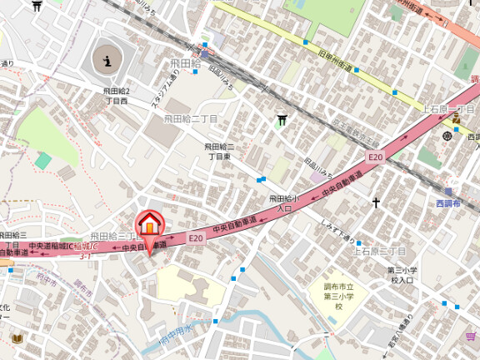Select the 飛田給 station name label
pyautogui.click(x=186, y=63)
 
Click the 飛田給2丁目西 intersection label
pyautogui.click(x=116, y=96)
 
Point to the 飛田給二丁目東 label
pyautogui.click(x=220, y=151)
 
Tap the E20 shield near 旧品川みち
pyautogui.click(x=376, y=157)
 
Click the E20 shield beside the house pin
pyautogui.click(x=195, y=238)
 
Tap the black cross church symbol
pyautogui.click(x=376, y=202)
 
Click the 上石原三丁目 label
pyautogui.click(x=379, y=250)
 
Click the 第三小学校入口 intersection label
pyautogui.click(x=402, y=275)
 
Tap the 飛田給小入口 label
pyautogui.click(x=284, y=203)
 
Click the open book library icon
pyautogui.click(x=17, y=339)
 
